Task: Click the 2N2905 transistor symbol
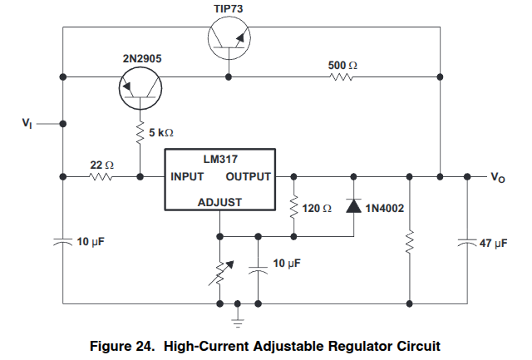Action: (x=140, y=86)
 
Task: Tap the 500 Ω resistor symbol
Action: (x=342, y=77)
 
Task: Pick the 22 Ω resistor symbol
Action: (x=101, y=176)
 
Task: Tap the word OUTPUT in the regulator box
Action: (x=249, y=177)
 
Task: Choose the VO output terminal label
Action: (x=497, y=178)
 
